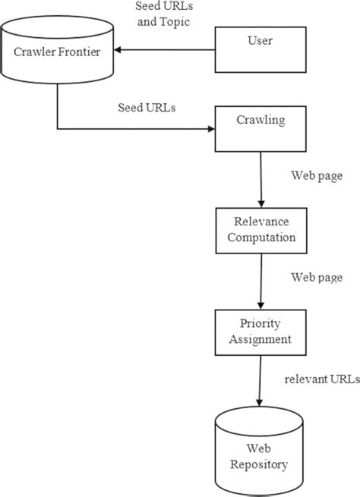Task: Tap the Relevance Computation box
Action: [x=261, y=230]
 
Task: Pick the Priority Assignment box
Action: [x=261, y=332]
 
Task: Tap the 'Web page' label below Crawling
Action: [x=316, y=175]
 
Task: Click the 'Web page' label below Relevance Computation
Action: [x=316, y=277]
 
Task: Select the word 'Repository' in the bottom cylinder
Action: [x=261, y=462]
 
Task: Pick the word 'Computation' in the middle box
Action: [x=261, y=237]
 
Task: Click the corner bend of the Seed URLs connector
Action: [x=57, y=128]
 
